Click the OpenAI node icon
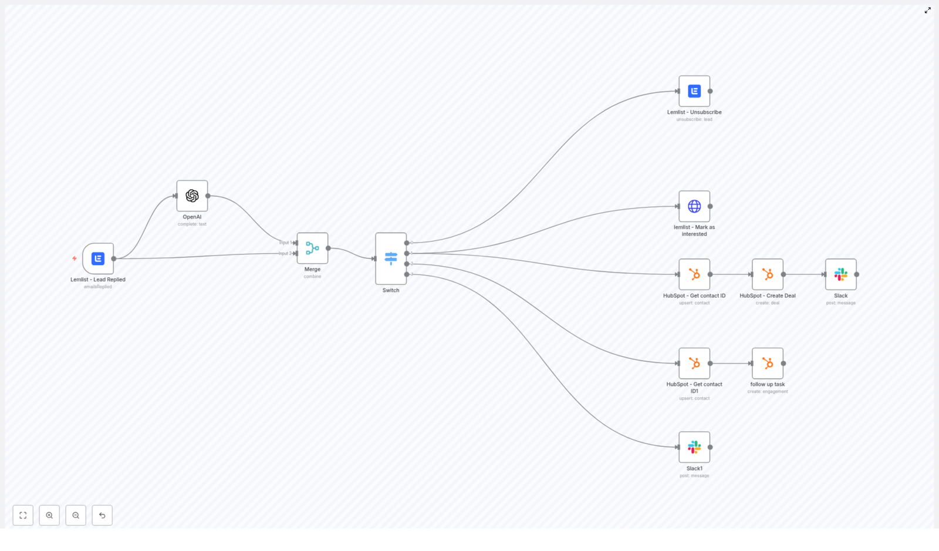[192, 196]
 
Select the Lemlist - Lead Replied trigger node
[98, 258]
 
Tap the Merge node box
[312, 248]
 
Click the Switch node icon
[391, 258]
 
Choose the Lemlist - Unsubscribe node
[694, 91]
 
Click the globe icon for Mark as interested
[694, 206]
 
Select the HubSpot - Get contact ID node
[694, 274]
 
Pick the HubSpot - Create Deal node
[768, 274]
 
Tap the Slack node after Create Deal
[840, 274]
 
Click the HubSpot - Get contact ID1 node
[694, 363]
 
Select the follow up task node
[768, 363]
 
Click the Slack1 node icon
[694, 447]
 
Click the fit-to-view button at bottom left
[23, 515]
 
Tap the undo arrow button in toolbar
[102, 515]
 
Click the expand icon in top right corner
[928, 10]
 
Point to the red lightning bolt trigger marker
[75, 258]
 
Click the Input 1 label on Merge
[285, 243]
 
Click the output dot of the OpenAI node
[208, 196]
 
